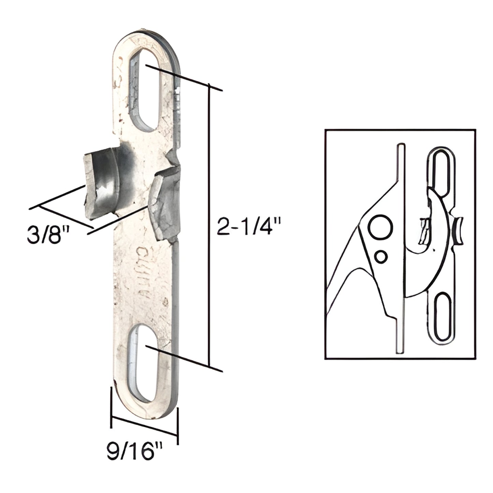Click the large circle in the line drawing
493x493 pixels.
380,228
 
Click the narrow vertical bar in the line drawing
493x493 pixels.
400,249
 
